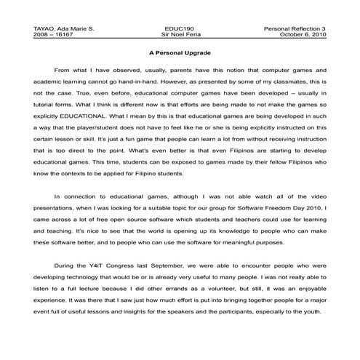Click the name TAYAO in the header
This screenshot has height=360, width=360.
44,28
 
